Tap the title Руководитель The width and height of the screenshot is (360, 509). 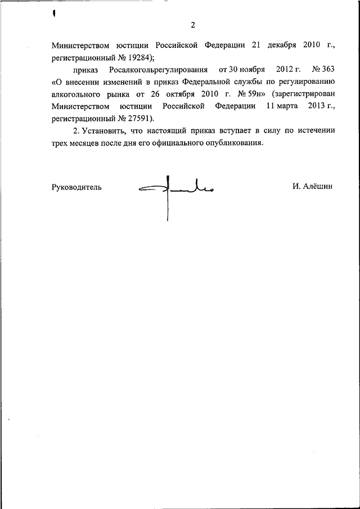(x=76, y=187)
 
